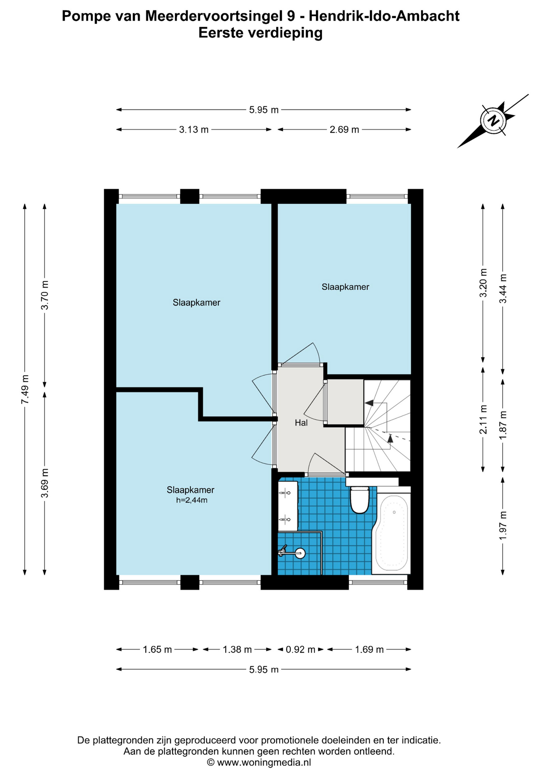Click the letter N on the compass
coord(493,120)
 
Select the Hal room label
coord(301,423)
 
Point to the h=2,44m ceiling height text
coord(192,500)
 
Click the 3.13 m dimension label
coord(194,130)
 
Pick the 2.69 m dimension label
coord(344,130)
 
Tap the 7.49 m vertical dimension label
coord(25,389)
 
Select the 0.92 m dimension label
coord(301,650)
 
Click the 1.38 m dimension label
coord(237,650)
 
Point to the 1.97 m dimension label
coord(503,526)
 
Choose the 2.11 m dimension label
coord(483,419)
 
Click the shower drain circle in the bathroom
coord(300,553)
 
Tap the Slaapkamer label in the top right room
coord(345,287)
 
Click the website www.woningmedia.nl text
coord(264,763)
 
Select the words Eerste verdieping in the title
coord(260,33)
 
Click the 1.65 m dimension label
coord(157,650)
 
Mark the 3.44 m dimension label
coord(503,289)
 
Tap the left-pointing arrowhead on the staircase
coord(369,403)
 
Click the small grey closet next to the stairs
coord(345,402)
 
